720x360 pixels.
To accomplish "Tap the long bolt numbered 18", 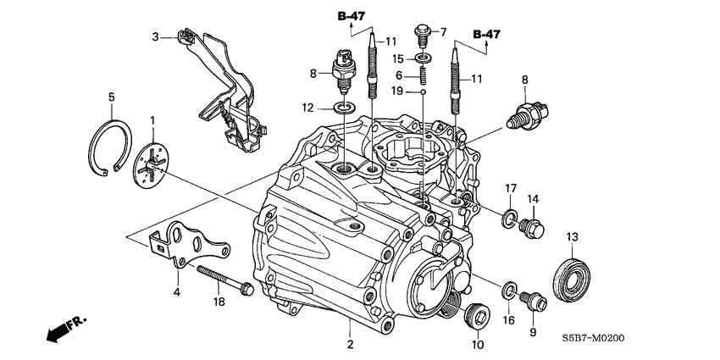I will pos(224,280).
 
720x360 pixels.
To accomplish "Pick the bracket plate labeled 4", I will pos(191,246).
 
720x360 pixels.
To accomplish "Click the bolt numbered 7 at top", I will pos(424,35).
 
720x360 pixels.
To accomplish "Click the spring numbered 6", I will pos(423,75).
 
